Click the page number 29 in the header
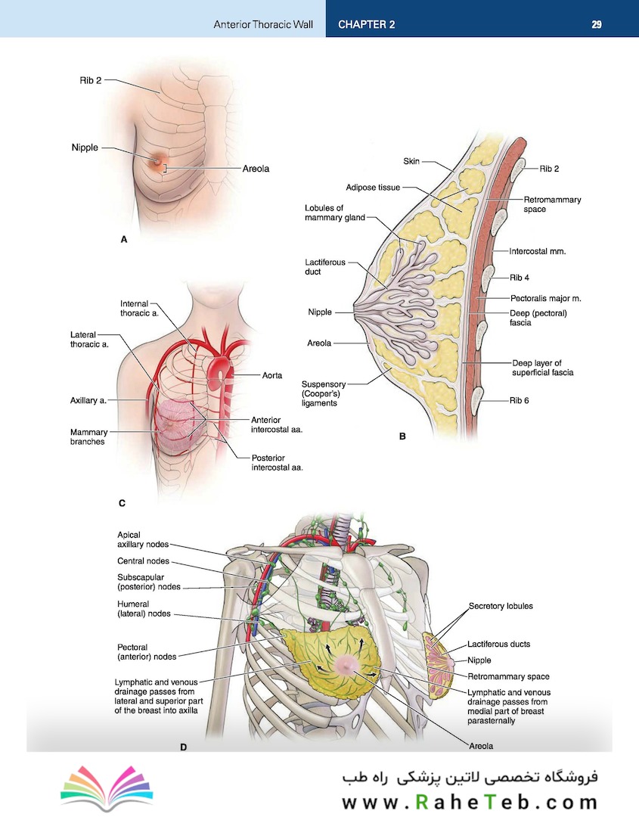pos(597,24)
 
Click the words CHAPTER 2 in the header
pos(366,24)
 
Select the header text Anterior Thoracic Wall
pos(263,24)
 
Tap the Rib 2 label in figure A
pos(91,80)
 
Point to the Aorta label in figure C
pos(271,375)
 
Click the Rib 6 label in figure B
pos(520,400)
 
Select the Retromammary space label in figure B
pos(552,204)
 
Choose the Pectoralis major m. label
pos(546,299)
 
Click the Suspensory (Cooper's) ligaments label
pos(324,393)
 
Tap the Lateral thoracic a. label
pos(89,339)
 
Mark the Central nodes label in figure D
pos(143,561)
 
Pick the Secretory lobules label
pos(501,606)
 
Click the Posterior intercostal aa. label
pos(277,463)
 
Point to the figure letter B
pos(402,436)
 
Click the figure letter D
pos(183,747)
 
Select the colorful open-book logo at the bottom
pos(107,787)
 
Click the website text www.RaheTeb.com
pos(470,802)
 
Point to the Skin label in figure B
pos(411,162)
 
